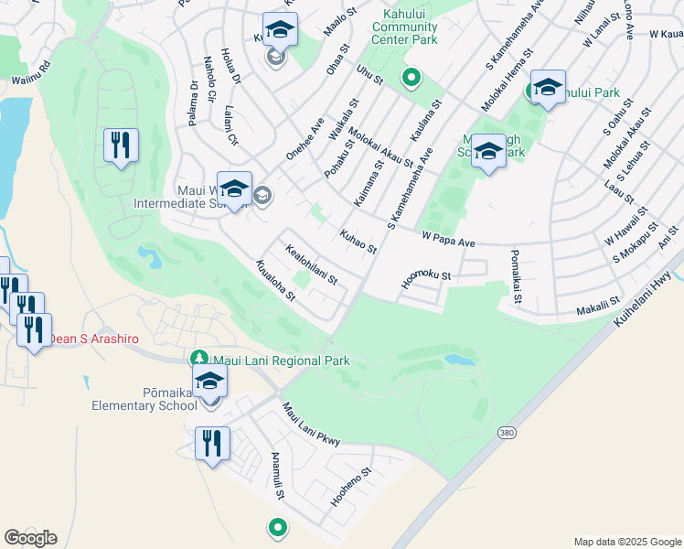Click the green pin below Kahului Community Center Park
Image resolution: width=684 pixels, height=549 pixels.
pyautogui.click(x=411, y=79)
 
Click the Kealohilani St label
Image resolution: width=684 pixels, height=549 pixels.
pyautogui.click(x=312, y=264)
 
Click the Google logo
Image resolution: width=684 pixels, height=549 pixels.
pyautogui.click(x=30, y=538)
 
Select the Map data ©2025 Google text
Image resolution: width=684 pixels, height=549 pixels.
pyautogui.click(x=626, y=542)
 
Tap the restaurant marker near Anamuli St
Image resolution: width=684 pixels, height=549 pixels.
pyautogui.click(x=212, y=445)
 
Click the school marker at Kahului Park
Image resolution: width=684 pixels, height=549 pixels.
pyautogui.click(x=548, y=88)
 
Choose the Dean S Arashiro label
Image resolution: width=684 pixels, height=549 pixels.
pyautogui.click(x=93, y=339)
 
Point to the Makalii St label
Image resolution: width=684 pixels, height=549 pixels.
pyautogui.click(x=598, y=306)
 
